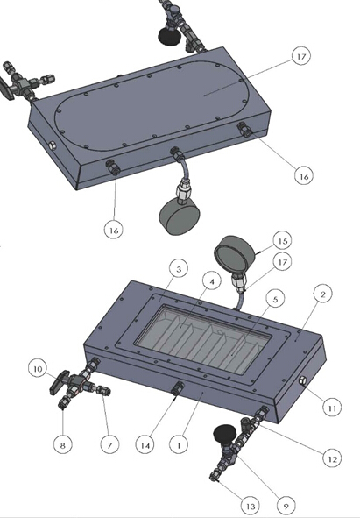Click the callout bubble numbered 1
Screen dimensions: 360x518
[x=179, y=444]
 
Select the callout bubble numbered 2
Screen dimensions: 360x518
[x=322, y=294]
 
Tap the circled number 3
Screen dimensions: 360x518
[x=179, y=269]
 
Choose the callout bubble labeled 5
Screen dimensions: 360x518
[x=275, y=299]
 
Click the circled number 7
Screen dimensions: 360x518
[x=109, y=444]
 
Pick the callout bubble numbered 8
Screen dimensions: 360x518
[x=63, y=444]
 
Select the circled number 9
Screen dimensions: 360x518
[x=286, y=506]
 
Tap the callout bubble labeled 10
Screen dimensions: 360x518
[x=38, y=368]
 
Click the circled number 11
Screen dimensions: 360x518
[x=332, y=408]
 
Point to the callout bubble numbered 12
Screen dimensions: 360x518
[x=332, y=458]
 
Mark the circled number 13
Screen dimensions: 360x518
[x=251, y=506]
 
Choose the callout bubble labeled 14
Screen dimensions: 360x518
[x=145, y=444]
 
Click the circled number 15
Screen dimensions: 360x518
[x=282, y=241]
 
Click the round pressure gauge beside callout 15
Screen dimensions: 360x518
[x=235, y=254]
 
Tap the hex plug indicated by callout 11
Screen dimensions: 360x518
[x=302, y=381]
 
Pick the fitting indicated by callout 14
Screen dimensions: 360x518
[x=177, y=387]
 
